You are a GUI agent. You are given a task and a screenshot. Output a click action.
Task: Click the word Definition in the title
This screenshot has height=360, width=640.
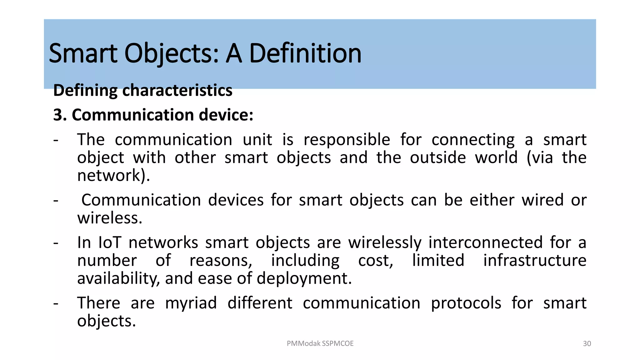click(x=305, y=54)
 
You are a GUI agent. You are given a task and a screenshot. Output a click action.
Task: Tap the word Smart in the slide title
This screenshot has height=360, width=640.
click(x=83, y=54)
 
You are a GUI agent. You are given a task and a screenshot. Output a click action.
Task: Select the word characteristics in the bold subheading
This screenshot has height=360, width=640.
click(x=177, y=91)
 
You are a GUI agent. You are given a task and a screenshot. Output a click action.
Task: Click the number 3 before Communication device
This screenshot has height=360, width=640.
click(x=58, y=115)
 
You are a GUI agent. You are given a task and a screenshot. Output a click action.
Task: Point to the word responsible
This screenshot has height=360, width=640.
click(x=347, y=140)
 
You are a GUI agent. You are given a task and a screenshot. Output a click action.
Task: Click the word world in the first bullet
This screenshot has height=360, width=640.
click(x=496, y=157)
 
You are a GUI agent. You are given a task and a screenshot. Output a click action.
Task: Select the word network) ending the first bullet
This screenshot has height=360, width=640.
click(x=113, y=176)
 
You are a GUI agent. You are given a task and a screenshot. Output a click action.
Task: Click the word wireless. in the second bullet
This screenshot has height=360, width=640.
click(x=110, y=218)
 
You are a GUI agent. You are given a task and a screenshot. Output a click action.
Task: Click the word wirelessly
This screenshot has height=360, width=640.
click(x=385, y=243)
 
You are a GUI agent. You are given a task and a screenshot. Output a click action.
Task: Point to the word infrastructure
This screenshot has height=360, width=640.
click(x=535, y=261)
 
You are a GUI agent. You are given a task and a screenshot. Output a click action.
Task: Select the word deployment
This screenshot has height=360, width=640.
click(x=304, y=278)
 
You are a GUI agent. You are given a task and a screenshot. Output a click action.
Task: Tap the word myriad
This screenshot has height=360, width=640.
click(x=191, y=303)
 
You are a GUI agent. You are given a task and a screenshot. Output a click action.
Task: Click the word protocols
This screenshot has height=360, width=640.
click(x=466, y=303)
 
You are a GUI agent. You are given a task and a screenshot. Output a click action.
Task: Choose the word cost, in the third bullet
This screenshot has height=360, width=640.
click(x=376, y=261)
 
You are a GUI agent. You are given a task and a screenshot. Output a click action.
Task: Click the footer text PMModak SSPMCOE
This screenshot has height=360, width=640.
click(x=320, y=343)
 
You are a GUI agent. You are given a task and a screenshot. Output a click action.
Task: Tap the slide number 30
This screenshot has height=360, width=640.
click(x=587, y=344)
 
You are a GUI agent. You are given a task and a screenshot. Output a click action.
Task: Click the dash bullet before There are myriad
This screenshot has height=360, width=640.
click(x=56, y=303)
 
